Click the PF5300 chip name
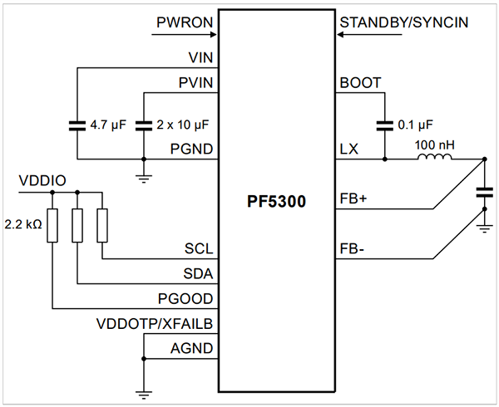276,203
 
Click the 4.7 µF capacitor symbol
77,125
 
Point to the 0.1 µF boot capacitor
384,125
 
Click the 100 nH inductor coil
434,156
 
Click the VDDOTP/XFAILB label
156,323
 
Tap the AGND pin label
193,348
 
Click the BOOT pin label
360,83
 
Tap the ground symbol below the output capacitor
483,224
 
